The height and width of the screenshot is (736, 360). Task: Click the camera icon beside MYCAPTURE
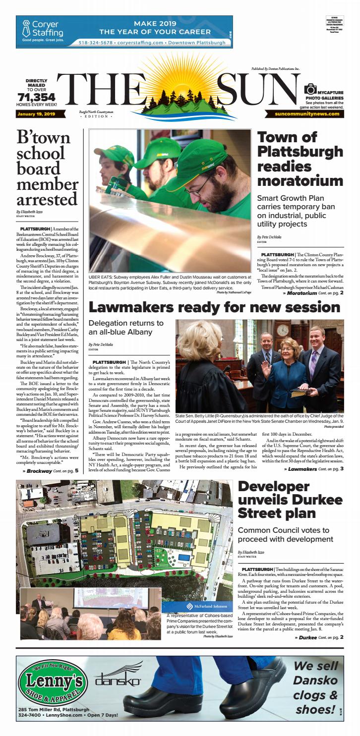tap(310, 90)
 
